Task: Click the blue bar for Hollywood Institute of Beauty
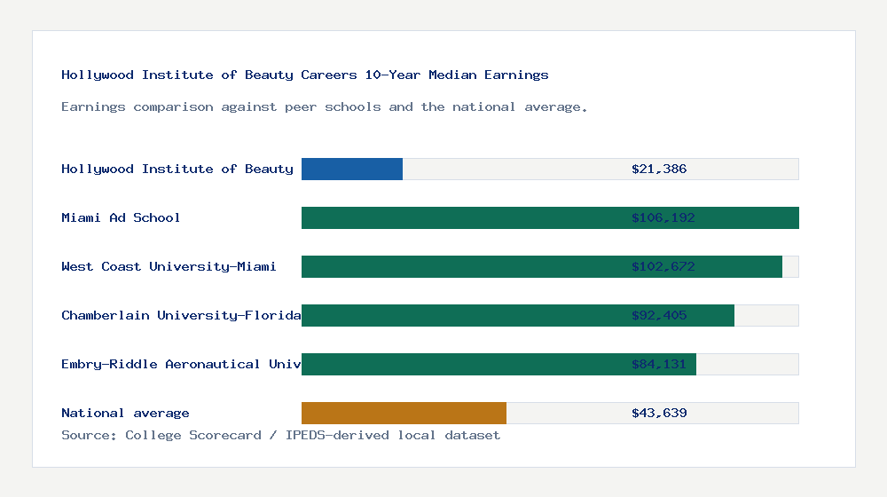click(352, 169)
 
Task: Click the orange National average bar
click(404, 413)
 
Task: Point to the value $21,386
click(659, 169)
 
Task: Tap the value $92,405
click(659, 315)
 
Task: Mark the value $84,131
click(659, 364)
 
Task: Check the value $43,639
click(659, 413)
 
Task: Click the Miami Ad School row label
click(121, 217)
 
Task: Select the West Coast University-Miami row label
click(169, 266)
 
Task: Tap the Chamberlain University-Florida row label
click(181, 315)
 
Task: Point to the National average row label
click(125, 413)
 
